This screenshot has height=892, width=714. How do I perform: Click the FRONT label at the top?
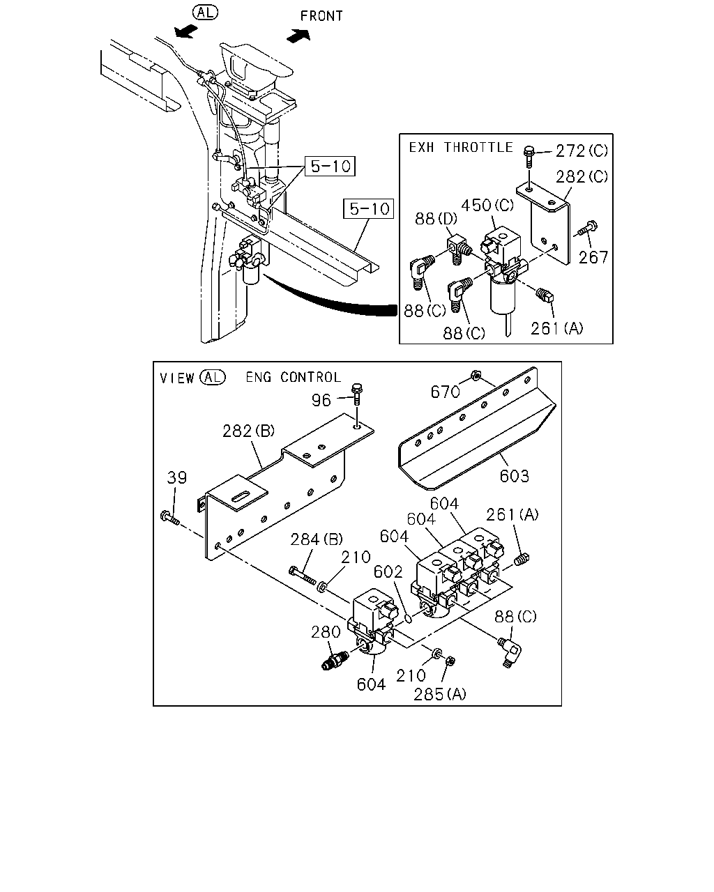point(321,16)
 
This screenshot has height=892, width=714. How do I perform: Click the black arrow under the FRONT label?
point(298,36)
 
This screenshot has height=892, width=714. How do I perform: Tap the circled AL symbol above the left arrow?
point(205,13)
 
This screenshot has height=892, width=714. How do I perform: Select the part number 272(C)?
point(582,151)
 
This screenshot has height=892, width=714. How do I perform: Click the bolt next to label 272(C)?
point(529,157)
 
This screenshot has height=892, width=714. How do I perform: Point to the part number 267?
point(593,257)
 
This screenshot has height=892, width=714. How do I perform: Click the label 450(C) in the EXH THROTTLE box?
point(487,205)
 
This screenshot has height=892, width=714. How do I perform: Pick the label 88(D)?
point(436,218)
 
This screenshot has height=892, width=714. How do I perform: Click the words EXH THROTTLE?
point(460,148)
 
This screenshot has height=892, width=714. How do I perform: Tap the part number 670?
point(445,392)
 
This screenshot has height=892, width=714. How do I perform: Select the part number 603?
point(514,476)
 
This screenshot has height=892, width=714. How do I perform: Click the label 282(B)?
point(248,431)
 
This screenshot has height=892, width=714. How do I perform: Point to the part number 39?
point(176,477)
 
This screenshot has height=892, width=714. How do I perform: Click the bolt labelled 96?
point(357,394)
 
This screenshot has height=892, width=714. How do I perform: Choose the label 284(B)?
point(316,539)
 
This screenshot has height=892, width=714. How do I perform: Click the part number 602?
point(388,572)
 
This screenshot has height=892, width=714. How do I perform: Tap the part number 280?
point(326,632)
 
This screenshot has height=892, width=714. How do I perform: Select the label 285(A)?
point(440,694)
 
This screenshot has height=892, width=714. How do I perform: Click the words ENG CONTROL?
point(294,377)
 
